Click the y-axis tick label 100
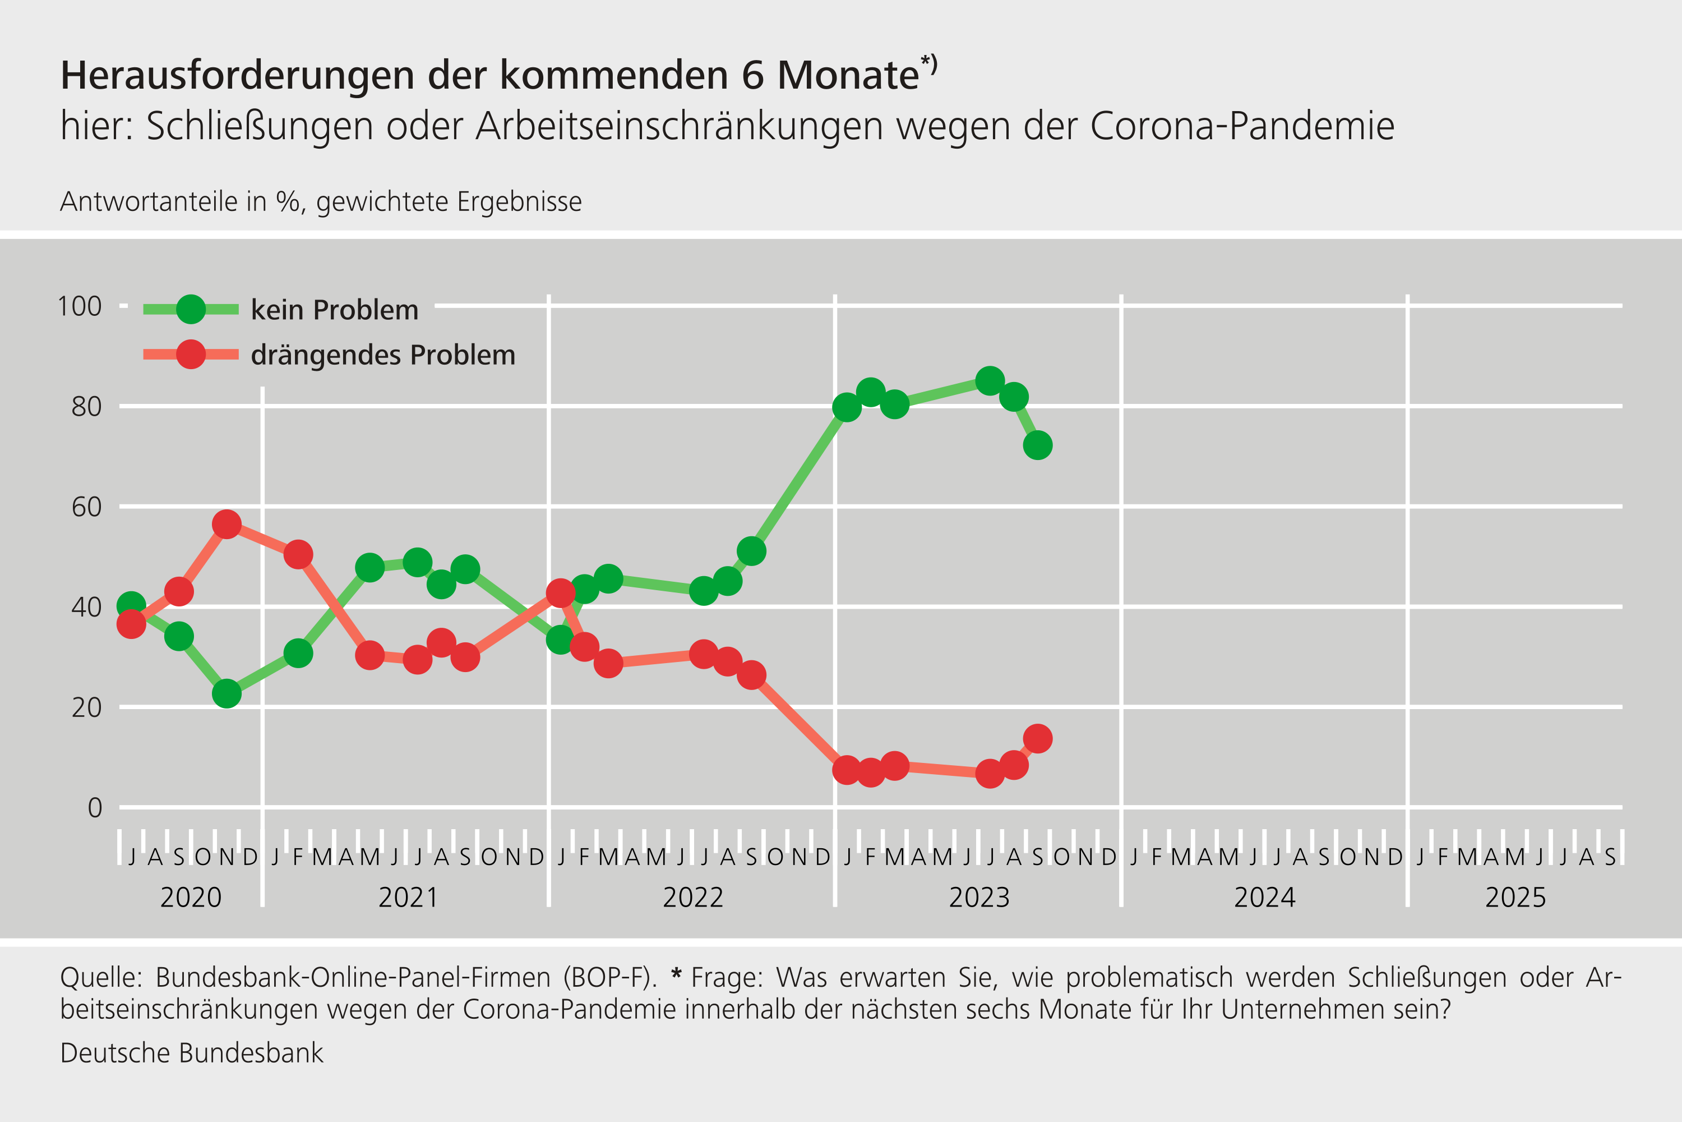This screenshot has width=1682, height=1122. click(80, 306)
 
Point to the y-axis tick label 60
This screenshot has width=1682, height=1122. click(86, 507)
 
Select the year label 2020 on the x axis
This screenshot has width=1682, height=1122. click(191, 897)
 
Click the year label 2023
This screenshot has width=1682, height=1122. click(979, 897)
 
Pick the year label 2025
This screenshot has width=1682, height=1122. click(1515, 897)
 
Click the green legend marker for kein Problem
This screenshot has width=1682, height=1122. click(191, 309)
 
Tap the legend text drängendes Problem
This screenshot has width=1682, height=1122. click(382, 355)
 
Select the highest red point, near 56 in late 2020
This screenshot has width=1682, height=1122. click(227, 525)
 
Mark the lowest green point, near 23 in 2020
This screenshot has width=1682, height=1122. click(227, 693)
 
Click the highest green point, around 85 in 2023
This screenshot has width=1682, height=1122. click(990, 381)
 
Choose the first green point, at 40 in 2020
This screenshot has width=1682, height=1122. click(131, 606)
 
